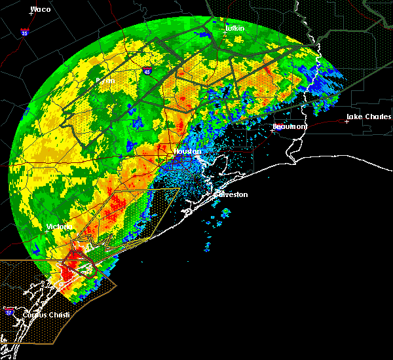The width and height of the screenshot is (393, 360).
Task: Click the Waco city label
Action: pyautogui.click(x=41, y=10)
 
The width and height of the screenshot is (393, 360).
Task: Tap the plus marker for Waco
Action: pyautogui.click(x=31, y=12)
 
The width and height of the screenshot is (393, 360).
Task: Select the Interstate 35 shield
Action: pyautogui.click(x=24, y=31)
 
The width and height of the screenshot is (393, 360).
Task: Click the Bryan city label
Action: pyautogui.click(x=105, y=81)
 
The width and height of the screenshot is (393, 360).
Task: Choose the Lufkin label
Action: pyautogui.click(x=234, y=28)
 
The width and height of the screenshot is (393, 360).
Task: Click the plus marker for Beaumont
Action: pyautogui.click(x=272, y=131)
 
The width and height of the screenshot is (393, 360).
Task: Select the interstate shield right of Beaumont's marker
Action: pyautogui.click(x=279, y=129)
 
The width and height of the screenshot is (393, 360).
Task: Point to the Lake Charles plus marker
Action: pyautogui.click(x=347, y=121)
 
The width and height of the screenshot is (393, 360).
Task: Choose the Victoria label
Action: pyautogui.click(x=58, y=226)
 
